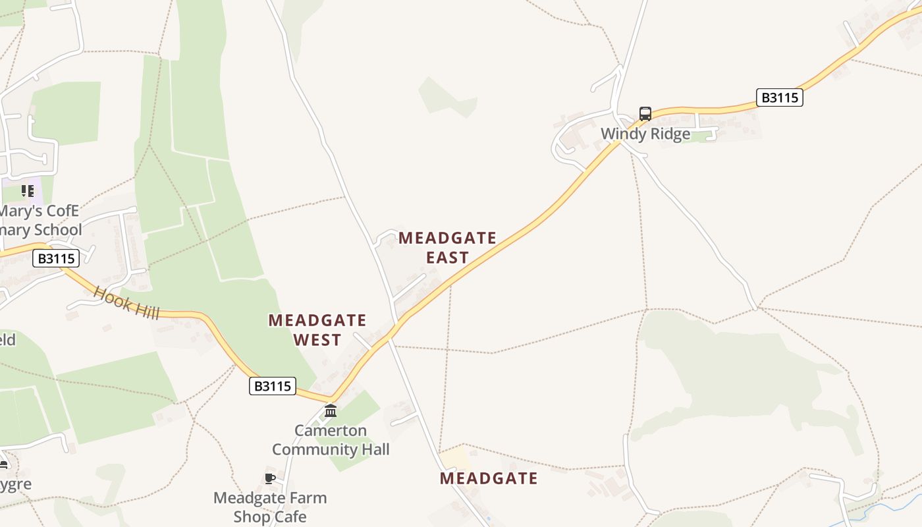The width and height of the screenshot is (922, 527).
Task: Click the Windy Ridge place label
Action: [645, 134]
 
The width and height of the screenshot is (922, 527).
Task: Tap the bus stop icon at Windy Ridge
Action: [645, 113]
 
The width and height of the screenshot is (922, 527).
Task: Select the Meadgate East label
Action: [447, 247]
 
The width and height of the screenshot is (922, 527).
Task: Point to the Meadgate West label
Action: [317, 330]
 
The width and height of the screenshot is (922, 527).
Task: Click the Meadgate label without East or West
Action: [489, 478]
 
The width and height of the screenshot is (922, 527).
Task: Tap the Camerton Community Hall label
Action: [331, 440]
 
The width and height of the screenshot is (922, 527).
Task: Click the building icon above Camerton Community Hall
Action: [331, 411]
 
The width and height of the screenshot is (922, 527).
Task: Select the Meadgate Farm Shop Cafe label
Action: [270, 507]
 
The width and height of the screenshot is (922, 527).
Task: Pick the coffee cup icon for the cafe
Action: [269, 478]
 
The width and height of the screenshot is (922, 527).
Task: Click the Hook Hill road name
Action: [126, 302]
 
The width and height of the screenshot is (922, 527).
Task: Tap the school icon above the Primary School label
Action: [27, 191]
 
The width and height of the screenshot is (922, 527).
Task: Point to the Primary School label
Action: [40, 221]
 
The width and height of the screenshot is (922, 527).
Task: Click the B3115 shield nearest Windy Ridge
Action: [779, 97]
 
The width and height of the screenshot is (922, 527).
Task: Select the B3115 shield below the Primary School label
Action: [56, 258]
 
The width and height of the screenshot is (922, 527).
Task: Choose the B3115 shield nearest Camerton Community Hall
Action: [273, 386]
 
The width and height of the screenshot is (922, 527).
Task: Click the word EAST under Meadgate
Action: [447, 258]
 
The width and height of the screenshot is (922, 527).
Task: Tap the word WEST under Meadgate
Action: [317, 340]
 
